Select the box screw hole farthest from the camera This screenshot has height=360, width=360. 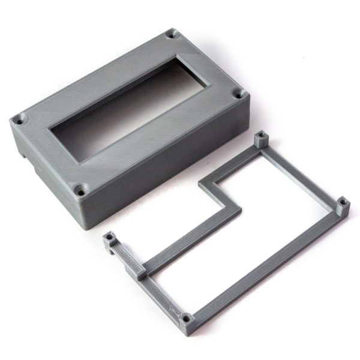pos(172,34)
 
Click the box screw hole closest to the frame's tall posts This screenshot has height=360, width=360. pos(239,94)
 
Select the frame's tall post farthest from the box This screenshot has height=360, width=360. pos(343,207)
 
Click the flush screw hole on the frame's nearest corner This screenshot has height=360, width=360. pos(186,318)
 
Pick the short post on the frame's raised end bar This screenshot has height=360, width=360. pos(109,239)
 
